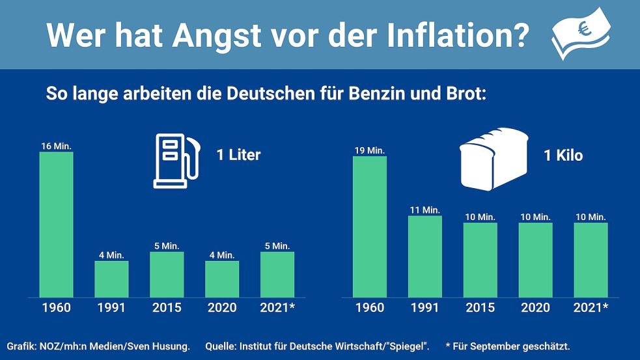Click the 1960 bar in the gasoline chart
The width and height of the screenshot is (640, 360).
tap(56, 225)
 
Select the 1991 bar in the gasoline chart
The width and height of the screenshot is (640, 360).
tap(111, 279)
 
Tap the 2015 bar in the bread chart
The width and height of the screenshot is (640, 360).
tap(480, 260)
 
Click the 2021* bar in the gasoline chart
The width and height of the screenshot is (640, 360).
tap(277, 274)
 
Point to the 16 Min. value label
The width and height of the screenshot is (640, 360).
tap(56, 146)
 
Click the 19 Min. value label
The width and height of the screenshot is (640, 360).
tap(369, 150)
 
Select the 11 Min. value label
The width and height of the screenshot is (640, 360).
tap(424, 210)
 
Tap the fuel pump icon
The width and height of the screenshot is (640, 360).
tap(174, 161)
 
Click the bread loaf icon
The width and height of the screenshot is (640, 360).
tap(494, 158)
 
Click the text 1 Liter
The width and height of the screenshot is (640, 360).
tap(238, 156)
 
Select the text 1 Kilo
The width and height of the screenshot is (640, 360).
tap(563, 156)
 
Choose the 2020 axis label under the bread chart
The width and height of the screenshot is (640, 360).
tap(535, 308)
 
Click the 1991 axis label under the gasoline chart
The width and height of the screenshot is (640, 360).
tap(111, 308)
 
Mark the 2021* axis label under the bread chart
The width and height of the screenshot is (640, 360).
tap(591, 308)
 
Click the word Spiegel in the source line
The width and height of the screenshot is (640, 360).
tap(408, 346)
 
